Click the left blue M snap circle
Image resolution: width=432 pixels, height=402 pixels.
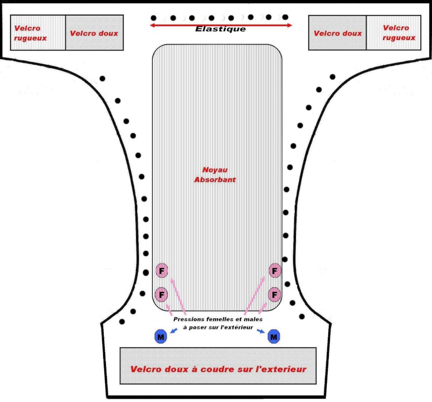(160, 337)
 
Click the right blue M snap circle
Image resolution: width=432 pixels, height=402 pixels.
(274, 337)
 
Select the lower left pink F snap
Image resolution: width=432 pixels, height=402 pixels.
(161, 294)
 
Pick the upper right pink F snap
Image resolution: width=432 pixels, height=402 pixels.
(275, 270)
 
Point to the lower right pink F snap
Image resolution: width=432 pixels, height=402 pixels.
(275, 294)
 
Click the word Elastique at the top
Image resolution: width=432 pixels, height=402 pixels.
(220, 29)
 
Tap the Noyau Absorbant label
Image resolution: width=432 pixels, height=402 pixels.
(215, 174)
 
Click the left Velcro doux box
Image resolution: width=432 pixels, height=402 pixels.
(94, 33)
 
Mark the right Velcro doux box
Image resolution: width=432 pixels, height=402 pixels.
(337, 33)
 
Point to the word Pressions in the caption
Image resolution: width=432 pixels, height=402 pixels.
(190, 319)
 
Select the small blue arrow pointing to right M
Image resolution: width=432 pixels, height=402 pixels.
(260, 331)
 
